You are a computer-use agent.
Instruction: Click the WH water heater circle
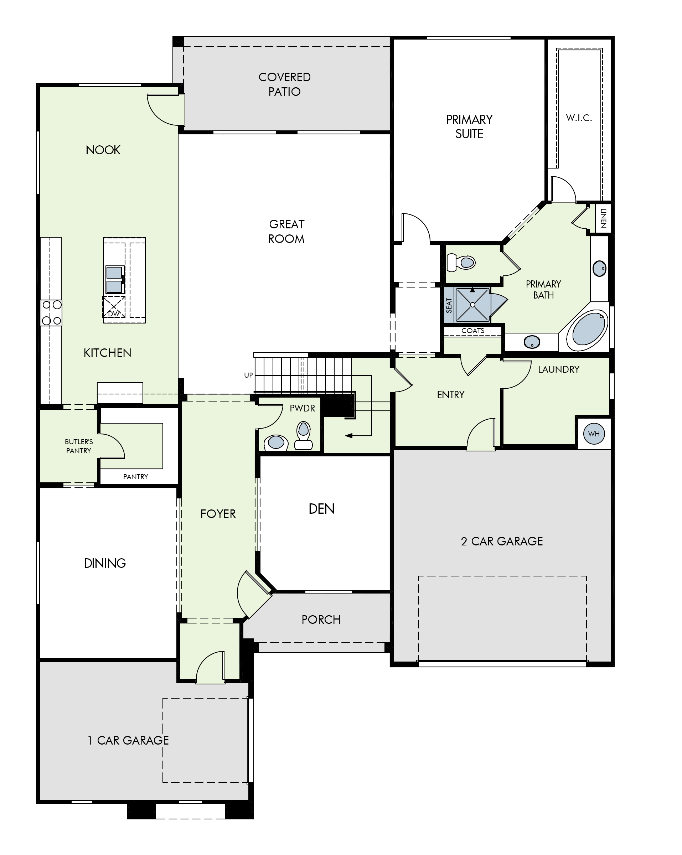594,434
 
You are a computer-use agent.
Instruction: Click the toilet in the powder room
304,435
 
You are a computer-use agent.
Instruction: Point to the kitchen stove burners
52,312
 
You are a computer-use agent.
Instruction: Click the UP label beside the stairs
248,375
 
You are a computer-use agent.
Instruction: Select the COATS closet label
472,331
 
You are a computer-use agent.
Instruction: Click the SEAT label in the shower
449,305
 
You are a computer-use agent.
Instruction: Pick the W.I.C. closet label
579,118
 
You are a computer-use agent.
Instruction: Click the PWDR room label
302,408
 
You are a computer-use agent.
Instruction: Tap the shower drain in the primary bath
472,305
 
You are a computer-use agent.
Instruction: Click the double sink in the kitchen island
114,280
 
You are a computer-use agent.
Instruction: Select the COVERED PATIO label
284,84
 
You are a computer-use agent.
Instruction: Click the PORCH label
321,620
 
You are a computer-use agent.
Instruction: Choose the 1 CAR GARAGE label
128,740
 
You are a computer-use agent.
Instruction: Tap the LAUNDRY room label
559,369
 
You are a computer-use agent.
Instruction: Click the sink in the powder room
276,442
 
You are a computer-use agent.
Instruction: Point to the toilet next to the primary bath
461,262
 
